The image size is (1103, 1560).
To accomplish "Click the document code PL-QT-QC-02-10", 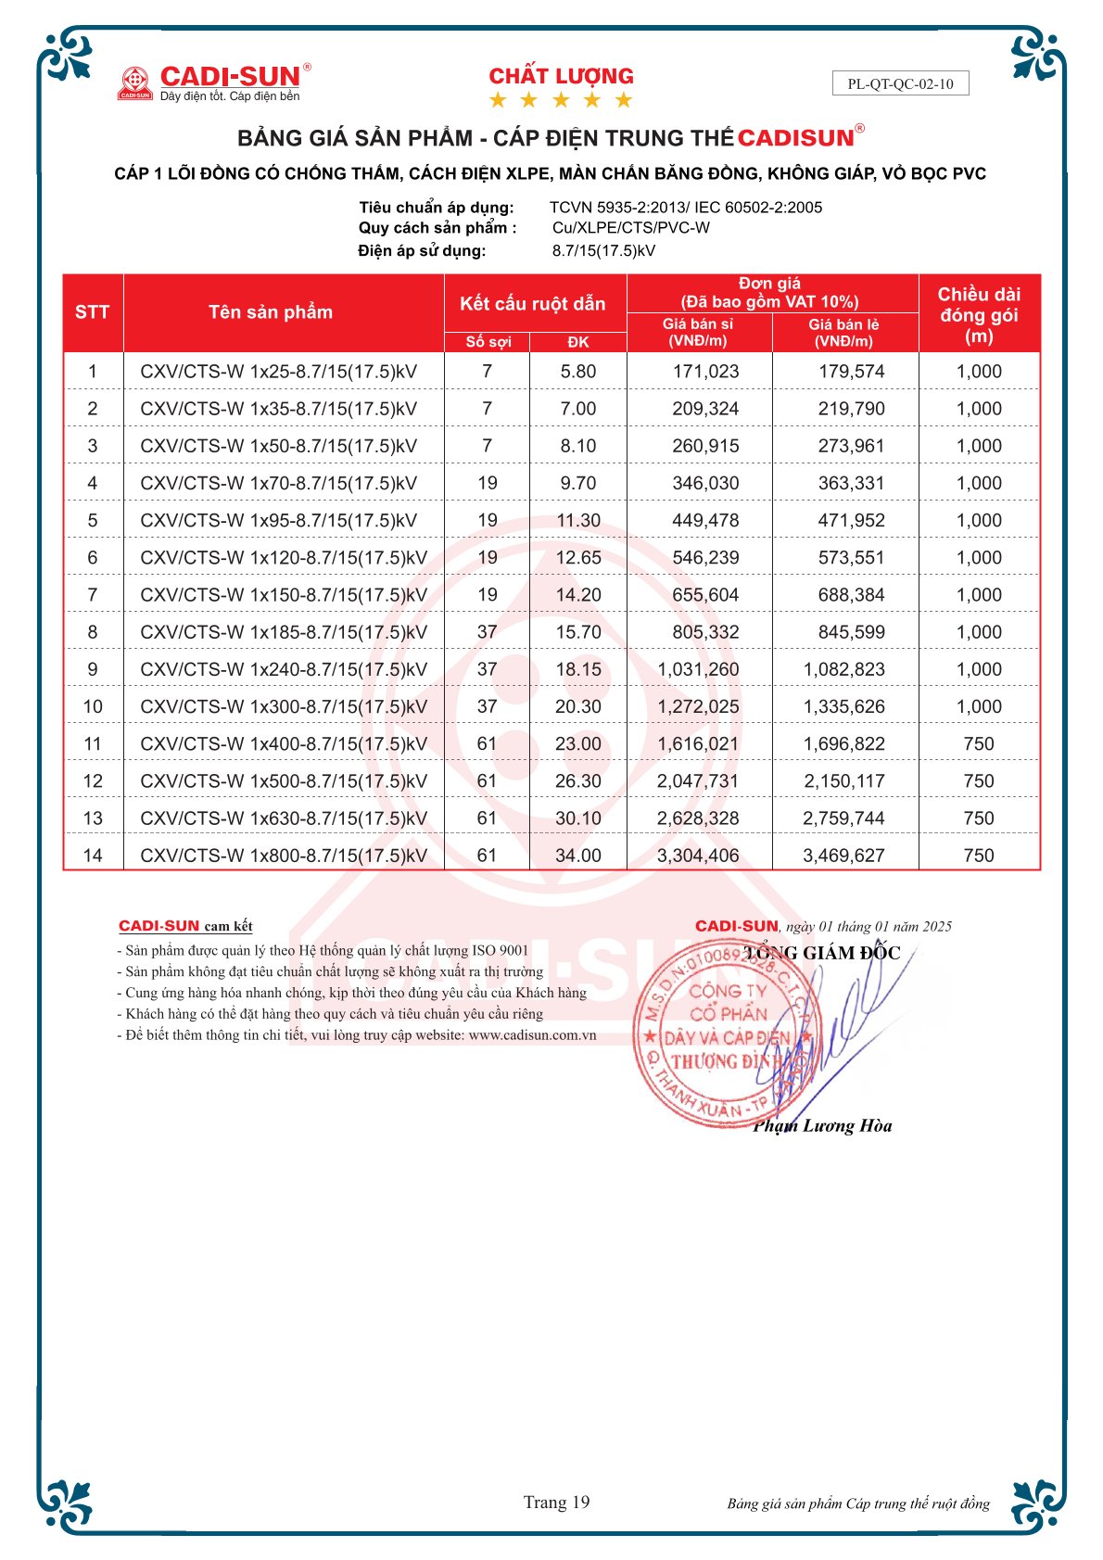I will click(900, 83).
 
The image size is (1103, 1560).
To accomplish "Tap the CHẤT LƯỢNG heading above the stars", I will click(561, 76).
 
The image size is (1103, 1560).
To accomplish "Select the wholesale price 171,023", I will click(705, 372).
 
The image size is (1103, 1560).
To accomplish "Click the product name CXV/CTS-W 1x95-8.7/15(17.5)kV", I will click(278, 520).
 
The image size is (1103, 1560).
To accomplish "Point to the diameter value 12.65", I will click(578, 557).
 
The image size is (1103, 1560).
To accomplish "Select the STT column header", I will click(92, 312).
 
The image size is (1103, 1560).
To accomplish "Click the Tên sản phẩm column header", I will click(270, 312).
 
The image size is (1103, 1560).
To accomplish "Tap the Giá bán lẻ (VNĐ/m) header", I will click(843, 333).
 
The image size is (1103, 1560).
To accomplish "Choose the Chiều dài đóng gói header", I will click(979, 314).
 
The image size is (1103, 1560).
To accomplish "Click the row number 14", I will click(93, 856).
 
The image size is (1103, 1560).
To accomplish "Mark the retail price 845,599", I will click(851, 632).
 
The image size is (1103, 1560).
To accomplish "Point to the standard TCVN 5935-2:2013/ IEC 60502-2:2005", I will click(685, 208).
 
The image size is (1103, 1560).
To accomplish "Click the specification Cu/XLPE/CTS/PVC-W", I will click(630, 228).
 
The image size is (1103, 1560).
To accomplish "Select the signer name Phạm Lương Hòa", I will click(822, 1126).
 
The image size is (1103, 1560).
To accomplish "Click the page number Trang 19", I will click(556, 1503).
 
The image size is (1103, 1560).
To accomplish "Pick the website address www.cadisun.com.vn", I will click(532, 1035).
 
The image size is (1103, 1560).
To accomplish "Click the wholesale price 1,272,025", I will click(698, 706).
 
